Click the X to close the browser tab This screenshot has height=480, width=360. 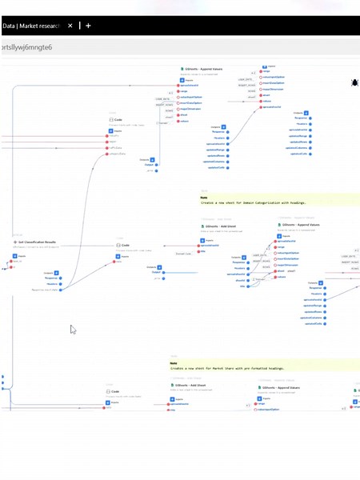tap(70, 26)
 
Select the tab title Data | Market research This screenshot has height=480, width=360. tap(33, 26)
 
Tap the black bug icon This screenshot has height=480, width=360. tap(354, 82)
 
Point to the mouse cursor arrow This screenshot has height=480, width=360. tap(72, 328)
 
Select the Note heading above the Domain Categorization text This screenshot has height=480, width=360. tap(204, 198)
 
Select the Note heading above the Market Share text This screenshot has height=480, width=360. tap(173, 362)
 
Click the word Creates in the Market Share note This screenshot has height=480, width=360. tap(179, 368)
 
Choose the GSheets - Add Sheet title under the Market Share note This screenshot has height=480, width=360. tap(190, 385)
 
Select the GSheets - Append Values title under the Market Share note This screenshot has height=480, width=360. tap(281, 387)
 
